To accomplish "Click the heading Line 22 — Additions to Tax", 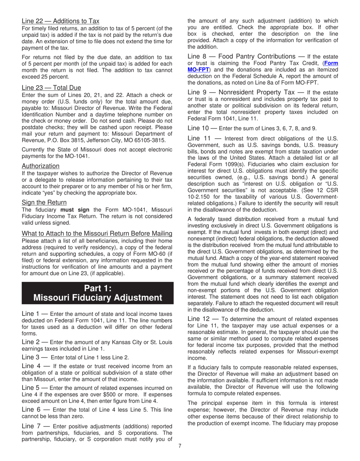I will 61,21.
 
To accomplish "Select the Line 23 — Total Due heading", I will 51,88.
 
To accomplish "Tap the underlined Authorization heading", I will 41,166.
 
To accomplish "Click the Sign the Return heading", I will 44,202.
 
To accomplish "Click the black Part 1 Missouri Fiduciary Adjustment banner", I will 98,293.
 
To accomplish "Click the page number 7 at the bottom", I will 180,445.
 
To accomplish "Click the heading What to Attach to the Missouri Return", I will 97,233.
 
